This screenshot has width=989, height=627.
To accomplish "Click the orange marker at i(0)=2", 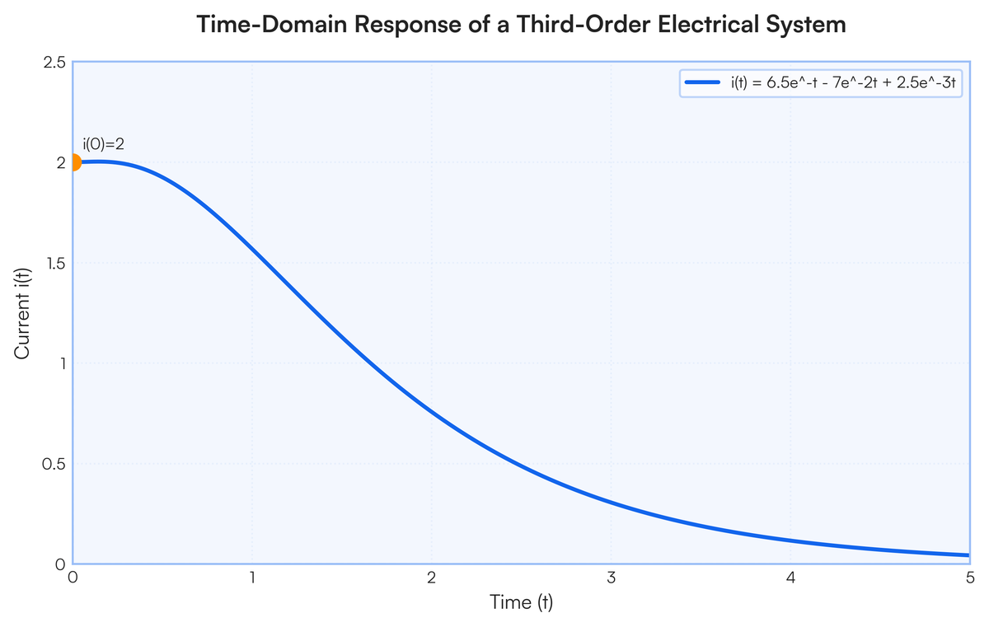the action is coord(73,162).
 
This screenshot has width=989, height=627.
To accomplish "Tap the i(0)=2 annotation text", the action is coord(104,144).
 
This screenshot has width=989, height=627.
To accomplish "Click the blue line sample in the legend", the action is coord(702,82).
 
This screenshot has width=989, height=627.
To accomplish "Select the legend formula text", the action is coord(843,83).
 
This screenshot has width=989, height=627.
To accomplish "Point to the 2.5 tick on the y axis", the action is coord(54,63).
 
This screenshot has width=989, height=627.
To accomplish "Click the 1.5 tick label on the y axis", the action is coord(56,264).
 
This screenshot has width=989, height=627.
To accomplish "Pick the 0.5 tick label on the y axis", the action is coord(54,464).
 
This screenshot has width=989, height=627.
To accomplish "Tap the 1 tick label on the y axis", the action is coord(63,363).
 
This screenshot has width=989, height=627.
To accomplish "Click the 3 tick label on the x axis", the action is coord(611,578).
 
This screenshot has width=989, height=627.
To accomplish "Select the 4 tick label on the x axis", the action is coord(790,578).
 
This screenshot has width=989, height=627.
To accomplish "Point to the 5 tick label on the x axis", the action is coord(970,578).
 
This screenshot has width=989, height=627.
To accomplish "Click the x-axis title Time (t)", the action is coord(521,602).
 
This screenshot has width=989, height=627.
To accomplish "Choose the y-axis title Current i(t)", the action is coord(22,313).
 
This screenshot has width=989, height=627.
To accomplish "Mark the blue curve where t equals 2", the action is coord(432,413).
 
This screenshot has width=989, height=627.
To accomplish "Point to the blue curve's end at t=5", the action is coord(969,555).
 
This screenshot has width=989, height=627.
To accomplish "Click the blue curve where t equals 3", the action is coord(611,502).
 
